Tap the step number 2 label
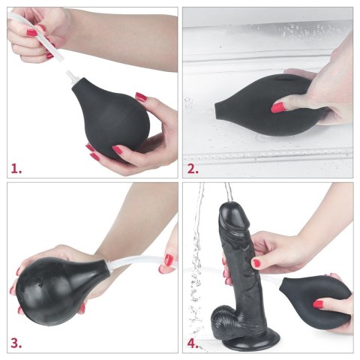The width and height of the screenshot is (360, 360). pyautogui.click(x=193, y=168)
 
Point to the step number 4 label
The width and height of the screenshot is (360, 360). pyautogui.click(x=193, y=343)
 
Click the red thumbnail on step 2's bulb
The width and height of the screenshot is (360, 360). pyautogui.click(x=278, y=108)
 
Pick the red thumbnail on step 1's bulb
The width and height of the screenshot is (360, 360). pyautogui.click(x=140, y=97)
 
